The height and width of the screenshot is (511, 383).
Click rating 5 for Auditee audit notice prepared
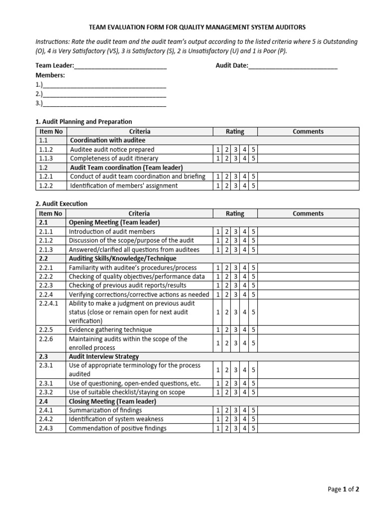[253, 149]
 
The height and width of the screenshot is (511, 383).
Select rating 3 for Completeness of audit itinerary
[235, 158]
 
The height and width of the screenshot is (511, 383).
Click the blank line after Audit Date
[293, 66]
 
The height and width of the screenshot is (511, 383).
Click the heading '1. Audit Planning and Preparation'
[84, 121]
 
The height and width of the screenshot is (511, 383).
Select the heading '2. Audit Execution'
[61, 204]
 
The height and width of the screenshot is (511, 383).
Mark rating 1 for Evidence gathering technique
[217, 330]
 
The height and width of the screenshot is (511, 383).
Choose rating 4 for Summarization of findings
[244, 410]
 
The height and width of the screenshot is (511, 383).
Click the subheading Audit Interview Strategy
[104, 357]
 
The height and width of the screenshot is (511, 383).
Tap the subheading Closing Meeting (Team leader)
[112, 401]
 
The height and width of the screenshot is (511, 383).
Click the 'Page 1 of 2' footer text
[343, 489]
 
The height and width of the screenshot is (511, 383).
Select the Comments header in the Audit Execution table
[308, 214]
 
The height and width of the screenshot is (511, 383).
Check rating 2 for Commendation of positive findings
[226, 428]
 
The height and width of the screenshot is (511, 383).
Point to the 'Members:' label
[50, 75]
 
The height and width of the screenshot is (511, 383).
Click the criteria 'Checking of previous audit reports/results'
[127, 285]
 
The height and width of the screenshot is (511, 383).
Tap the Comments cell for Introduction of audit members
[308, 232]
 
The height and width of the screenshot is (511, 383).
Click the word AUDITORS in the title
[288, 27]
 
